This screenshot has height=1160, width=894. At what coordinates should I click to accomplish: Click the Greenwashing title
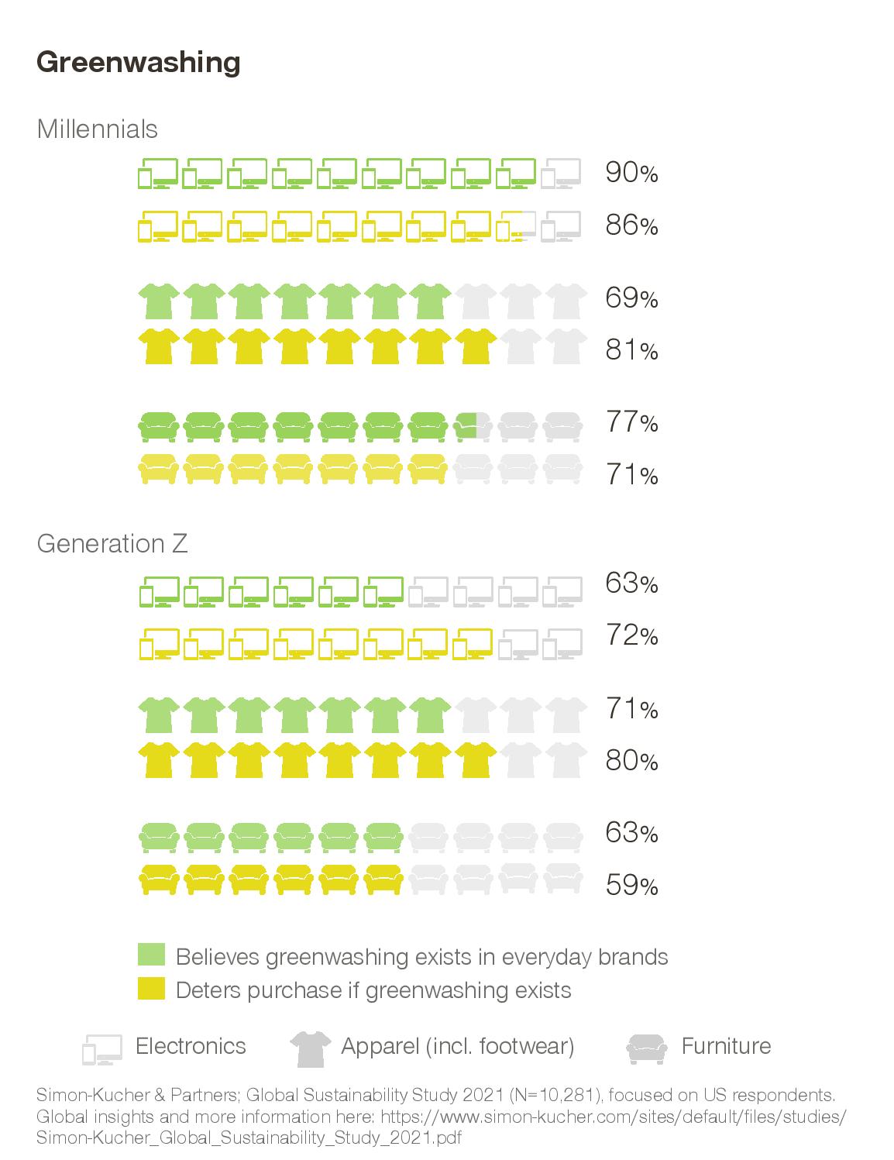click(x=138, y=64)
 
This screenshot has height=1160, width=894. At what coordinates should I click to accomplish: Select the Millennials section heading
click(x=97, y=129)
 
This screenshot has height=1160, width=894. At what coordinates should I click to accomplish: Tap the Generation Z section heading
click(x=112, y=543)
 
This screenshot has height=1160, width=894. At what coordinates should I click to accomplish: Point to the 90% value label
click(x=631, y=173)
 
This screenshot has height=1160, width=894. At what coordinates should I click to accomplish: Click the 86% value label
click(x=631, y=225)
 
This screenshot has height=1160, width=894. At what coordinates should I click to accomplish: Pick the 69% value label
click(x=631, y=298)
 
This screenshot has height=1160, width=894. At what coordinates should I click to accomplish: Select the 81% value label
click(x=631, y=349)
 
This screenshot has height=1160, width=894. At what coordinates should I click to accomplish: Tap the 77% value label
click(x=631, y=422)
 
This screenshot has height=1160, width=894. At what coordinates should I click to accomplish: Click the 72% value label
click(x=631, y=635)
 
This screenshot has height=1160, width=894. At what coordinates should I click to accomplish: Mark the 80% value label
click(x=631, y=760)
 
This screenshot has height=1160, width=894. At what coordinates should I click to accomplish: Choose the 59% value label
click(x=631, y=885)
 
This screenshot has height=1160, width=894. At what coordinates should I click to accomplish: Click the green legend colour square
click(x=151, y=955)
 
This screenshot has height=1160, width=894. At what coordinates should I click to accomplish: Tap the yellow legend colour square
click(x=151, y=988)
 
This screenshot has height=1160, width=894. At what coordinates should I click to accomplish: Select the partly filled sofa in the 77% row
click(x=473, y=426)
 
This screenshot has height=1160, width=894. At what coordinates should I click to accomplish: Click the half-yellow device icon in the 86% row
click(x=516, y=226)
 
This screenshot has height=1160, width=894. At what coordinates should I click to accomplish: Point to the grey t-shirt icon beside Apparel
click(x=310, y=1048)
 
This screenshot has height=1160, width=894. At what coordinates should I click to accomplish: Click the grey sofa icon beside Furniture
click(x=646, y=1048)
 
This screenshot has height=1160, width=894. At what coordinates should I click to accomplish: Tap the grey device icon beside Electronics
click(x=102, y=1049)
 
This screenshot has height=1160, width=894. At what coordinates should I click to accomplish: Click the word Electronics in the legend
click(x=191, y=1046)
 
